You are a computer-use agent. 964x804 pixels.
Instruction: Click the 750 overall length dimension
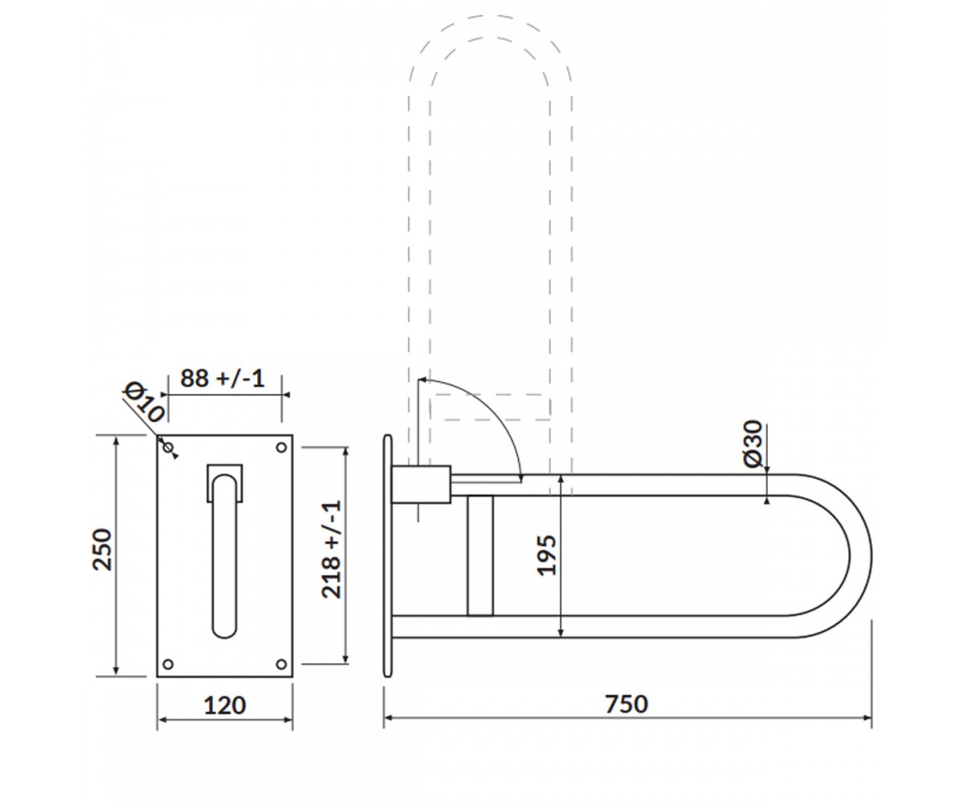tap(627, 704)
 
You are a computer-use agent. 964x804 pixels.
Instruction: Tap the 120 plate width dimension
tap(225, 706)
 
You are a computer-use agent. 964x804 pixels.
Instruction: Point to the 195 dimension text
tap(546, 555)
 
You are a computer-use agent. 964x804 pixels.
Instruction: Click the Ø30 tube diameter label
tap(754, 444)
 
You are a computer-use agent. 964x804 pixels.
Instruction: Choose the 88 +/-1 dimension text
tap(223, 378)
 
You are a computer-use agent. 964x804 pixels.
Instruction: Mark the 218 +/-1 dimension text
tap(332, 549)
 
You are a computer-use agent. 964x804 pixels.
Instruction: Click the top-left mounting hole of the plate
tap(169, 447)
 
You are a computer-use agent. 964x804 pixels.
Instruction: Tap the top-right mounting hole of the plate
tap(281, 447)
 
